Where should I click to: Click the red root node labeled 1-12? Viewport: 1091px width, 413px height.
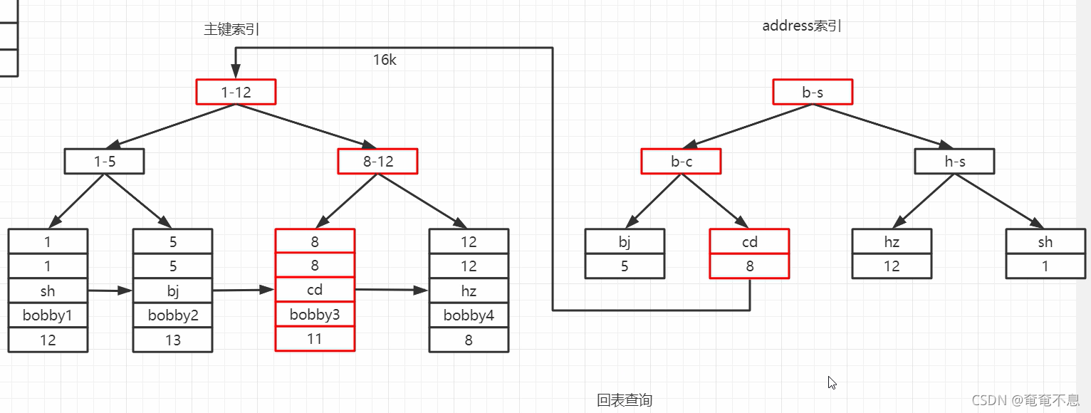(236, 92)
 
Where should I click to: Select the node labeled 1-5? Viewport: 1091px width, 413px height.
(104, 161)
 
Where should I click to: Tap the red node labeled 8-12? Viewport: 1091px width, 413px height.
(377, 161)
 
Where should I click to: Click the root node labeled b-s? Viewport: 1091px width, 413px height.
(813, 92)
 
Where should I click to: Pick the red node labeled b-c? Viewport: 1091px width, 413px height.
(681, 161)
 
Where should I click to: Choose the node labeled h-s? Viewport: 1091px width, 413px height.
(954, 161)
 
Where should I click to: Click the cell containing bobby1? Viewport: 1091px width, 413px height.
(48, 315)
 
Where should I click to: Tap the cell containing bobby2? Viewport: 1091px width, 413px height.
(172, 315)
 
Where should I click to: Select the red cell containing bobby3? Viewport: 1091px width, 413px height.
(315, 314)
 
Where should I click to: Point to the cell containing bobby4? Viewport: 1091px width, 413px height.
(469, 315)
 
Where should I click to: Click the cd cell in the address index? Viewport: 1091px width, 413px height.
(749, 241)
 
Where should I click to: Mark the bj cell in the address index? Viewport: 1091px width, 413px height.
(625, 241)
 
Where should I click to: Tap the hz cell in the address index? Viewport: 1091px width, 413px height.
(892, 241)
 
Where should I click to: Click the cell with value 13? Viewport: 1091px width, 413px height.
(172, 340)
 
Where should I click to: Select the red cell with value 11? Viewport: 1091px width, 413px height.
(315, 339)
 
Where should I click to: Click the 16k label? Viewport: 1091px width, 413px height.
(385, 61)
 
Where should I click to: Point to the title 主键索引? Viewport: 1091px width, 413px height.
(231, 29)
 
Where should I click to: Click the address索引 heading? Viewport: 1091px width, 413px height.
(802, 26)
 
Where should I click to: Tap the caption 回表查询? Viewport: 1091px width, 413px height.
(625, 400)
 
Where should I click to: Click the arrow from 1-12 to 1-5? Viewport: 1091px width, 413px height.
(174, 125)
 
